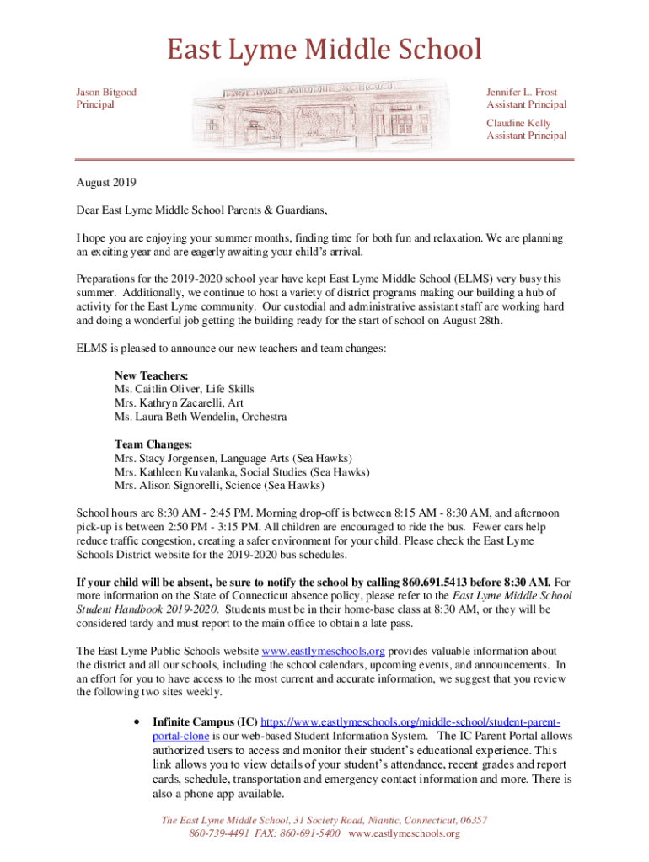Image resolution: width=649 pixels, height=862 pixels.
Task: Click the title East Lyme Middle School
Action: [324, 50]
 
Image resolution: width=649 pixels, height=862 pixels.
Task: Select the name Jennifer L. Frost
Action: [522, 92]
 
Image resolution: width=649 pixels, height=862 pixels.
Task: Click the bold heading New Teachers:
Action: [151, 375]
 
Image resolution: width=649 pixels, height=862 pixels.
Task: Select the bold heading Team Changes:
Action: [153, 444]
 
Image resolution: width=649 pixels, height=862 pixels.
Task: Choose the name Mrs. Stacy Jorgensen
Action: [166, 458]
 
